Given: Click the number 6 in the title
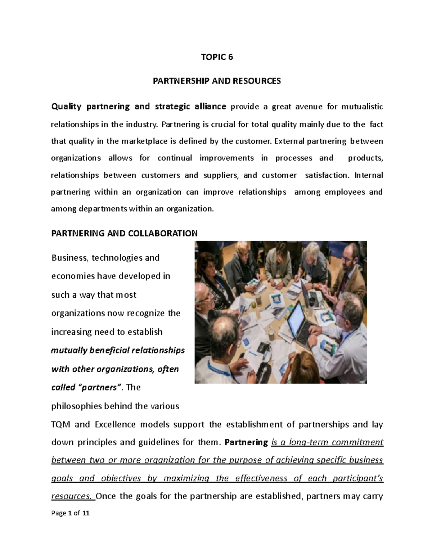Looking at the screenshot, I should tap(230, 57).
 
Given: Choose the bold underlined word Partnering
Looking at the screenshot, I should tap(246, 442).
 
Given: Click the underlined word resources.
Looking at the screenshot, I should tap(71, 496).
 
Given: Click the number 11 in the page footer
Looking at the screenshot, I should tap(86, 513).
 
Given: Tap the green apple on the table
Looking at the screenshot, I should tap(254, 305).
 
